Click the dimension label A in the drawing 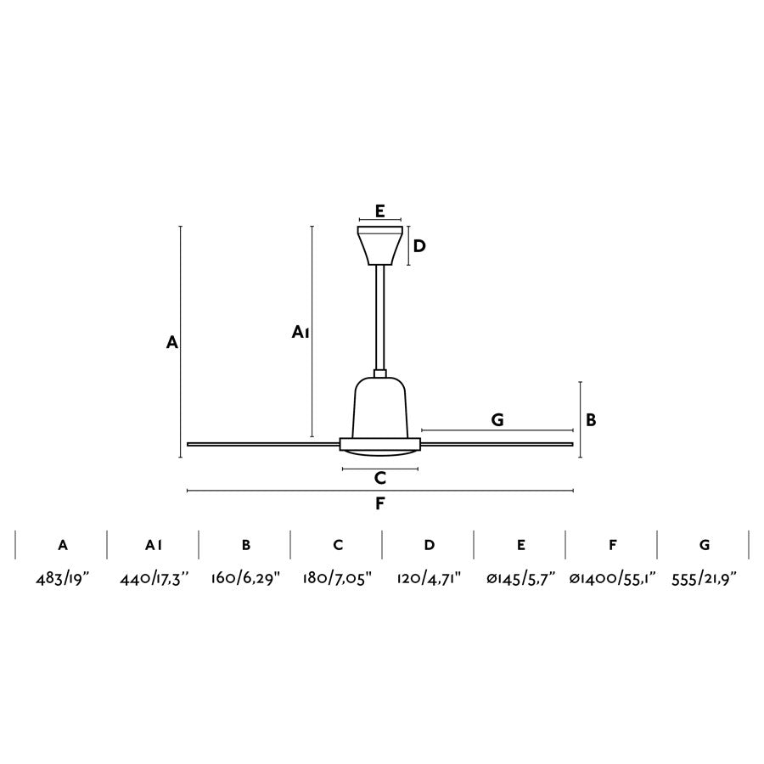(x=171, y=343)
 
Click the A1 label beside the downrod (x=300, y=332)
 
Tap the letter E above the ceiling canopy (x=380, y=211)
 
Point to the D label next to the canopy (x=419, y=246)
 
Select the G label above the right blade (x=497, y=419)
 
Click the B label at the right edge (x=591, y=419)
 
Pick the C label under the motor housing (x=380, y=478)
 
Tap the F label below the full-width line (x=380, y=503)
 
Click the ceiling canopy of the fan (x=379, y=245)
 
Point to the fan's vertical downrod (x=380, y=318)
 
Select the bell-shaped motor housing (x=380, y=407)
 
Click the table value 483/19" (x=63, y=579)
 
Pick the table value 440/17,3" (x=154, y=579)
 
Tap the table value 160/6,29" (x=245, y=579)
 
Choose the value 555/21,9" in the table (x=704, y=579)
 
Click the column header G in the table (x=705, y=545)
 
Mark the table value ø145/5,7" (x=520, y=579)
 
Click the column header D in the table (x=430, y=545)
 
